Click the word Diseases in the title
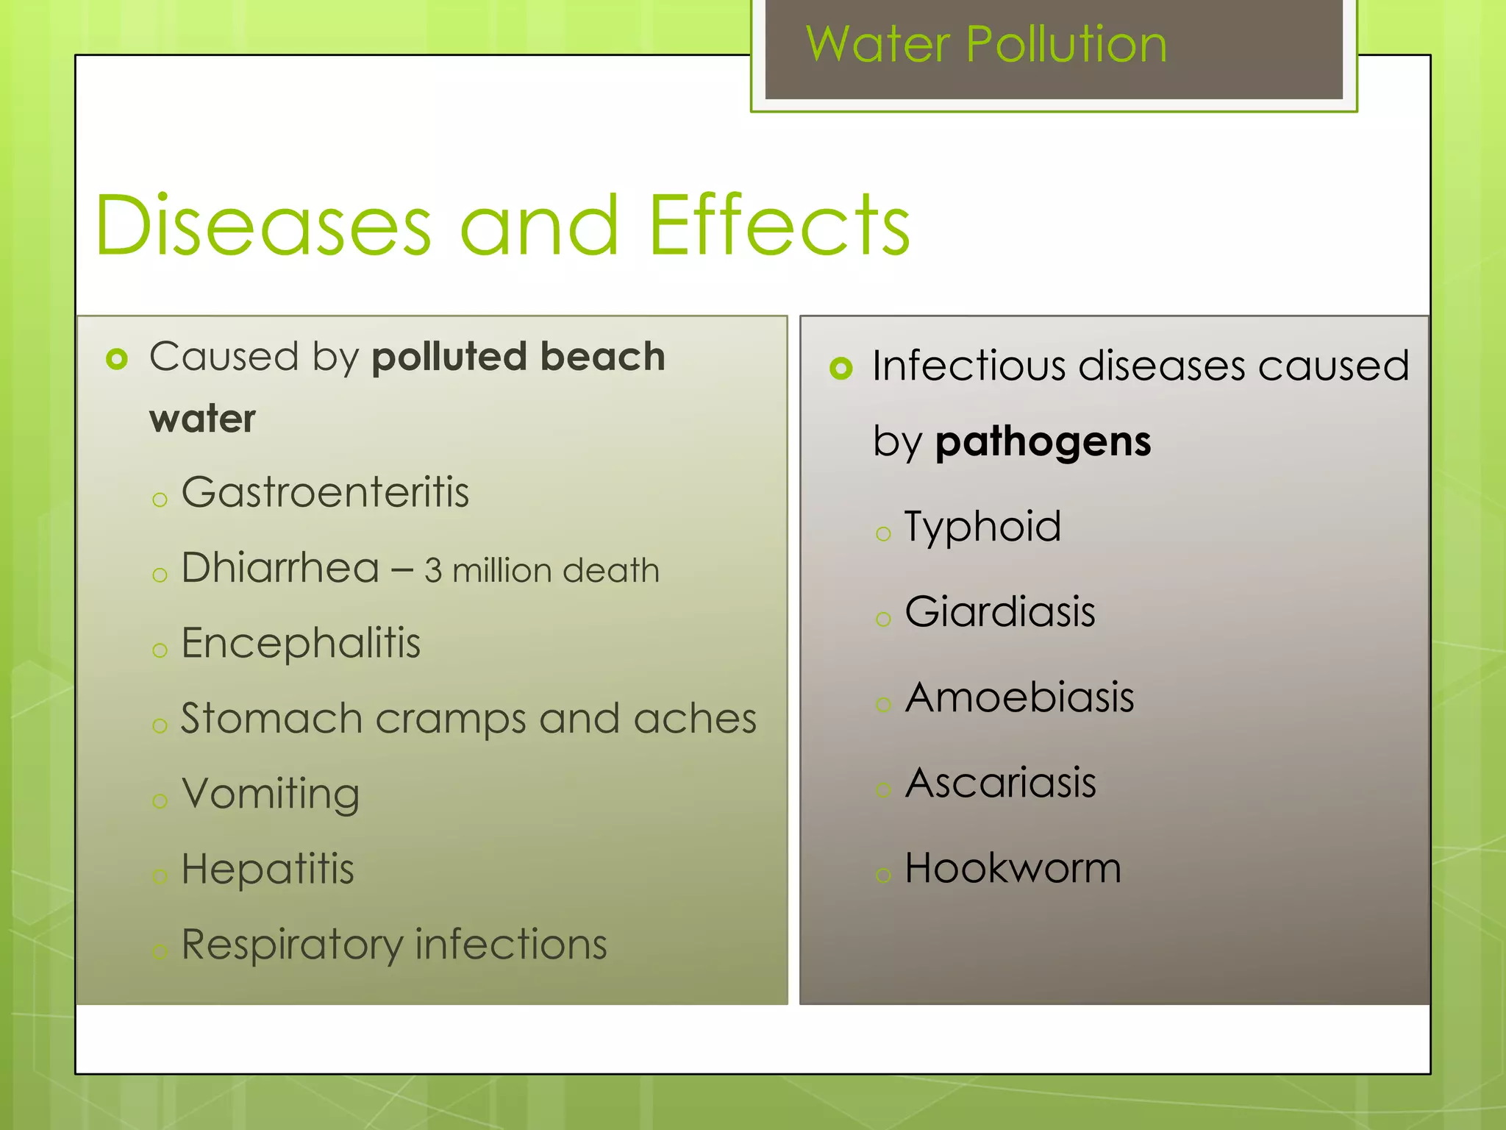(263, 226)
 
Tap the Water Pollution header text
(986, 45)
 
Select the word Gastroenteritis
(325, 492)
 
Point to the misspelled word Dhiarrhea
(280, 568)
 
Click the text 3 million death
(542, 571)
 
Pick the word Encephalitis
(301, 643)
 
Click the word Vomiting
(271, 795)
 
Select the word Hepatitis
(268, 869)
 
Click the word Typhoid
(982, 527)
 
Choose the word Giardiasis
(1000, 612)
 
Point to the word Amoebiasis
(1019, 697)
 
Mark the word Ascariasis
(1000, 783)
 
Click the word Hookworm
(1013, 868)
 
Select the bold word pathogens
(1043, 442)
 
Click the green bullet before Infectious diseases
(841, 368)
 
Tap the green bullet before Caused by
(117, 359)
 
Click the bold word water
(202, 419)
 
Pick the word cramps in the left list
(450, 719)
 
